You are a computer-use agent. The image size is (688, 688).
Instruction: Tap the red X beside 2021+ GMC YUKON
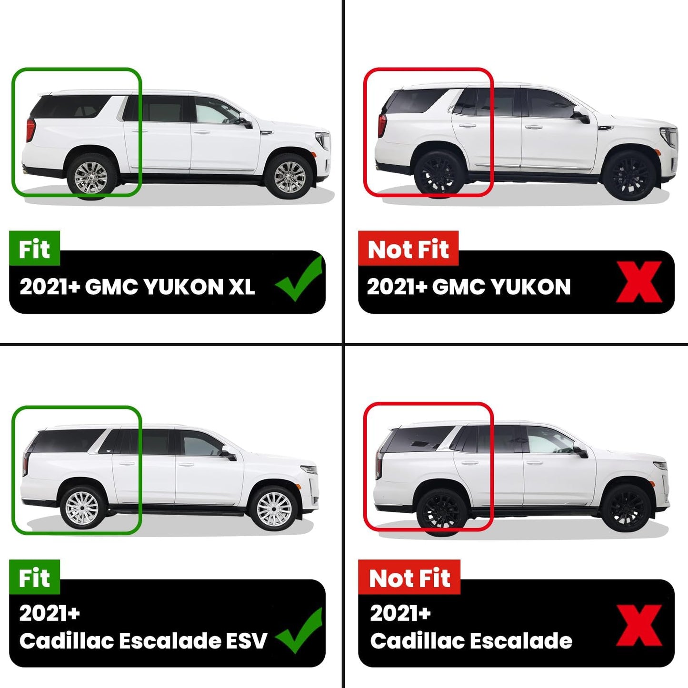click(x=639, y=282)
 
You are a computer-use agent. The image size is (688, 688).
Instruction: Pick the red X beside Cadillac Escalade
click(x=639, y=625)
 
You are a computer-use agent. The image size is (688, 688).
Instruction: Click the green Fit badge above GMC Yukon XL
click(x=34, y=249)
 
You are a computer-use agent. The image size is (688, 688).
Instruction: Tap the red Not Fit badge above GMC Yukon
click(x=408, y=249)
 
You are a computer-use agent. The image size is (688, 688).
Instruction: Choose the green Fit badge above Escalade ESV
click(x=34, y=578)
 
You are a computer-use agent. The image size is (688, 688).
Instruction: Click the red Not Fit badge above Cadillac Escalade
click(x=409, y=578)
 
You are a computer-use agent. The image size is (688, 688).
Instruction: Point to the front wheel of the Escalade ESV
click(x=274, y=509)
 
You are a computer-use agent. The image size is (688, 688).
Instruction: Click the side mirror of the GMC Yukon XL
click(x=246, y=123)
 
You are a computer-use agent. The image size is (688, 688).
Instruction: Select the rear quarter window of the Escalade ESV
click(x=71, y=440)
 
